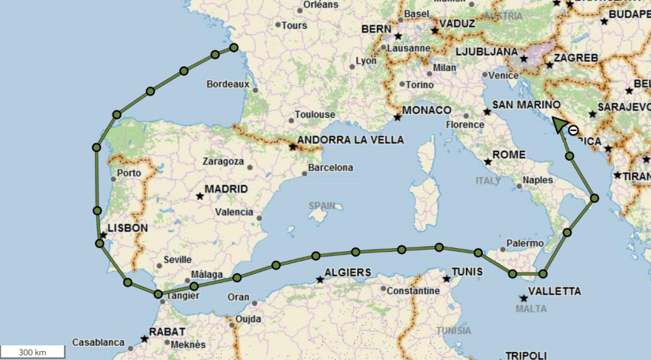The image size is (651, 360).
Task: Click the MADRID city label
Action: tap(226, 190)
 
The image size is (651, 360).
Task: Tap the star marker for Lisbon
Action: tap(103, 235)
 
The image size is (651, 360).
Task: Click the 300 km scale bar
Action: tap(32, 352)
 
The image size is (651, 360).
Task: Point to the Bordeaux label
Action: tap(227, 84)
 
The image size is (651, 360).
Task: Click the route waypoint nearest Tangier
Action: tap(158, 294)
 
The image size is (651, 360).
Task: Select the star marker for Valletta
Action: tap(524, 298)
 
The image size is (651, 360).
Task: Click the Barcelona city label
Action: tap(330, 169)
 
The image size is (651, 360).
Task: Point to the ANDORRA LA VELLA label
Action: tap(351, 140)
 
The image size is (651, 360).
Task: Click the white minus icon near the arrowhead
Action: tap(573, 130)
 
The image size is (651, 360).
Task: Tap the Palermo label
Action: tap(526, 244)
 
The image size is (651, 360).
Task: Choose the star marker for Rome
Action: tap(487, 161)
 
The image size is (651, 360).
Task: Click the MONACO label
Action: tap(426, 110)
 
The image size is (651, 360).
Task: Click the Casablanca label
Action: tap(98, 343)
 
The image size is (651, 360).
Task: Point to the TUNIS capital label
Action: tap(467, 272)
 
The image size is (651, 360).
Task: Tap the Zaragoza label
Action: tap(223, 162)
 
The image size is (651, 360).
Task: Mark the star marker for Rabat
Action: tap(144, 338)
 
